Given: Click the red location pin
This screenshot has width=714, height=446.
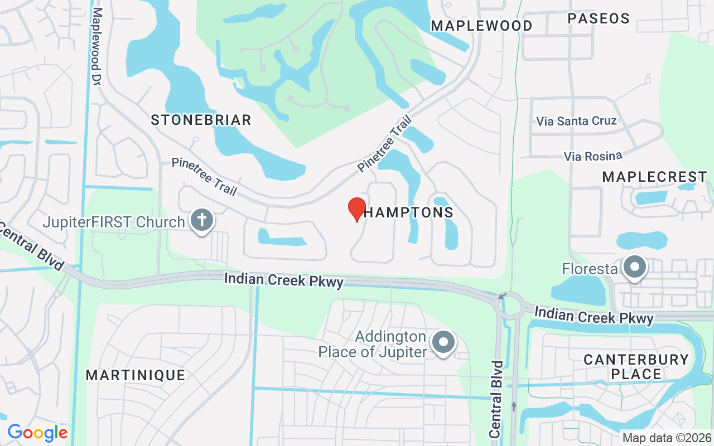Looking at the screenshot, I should coord(357,209).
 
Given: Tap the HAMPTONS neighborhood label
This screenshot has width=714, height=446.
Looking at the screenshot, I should coord(409,212).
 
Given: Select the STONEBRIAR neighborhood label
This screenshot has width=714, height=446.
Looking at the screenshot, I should coord(201,120).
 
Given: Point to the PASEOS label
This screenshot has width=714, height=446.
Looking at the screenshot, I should coord(599,18).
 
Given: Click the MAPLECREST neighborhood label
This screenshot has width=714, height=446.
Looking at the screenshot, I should coord(655,177).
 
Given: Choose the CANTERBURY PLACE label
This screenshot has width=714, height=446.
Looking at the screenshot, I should coord(636,366).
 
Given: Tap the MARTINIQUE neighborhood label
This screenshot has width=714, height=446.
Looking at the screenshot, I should coord(136,375).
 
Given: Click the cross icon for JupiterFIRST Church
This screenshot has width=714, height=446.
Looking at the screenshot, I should coord(200,221).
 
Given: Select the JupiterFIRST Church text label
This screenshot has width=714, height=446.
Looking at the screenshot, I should coord(114,222).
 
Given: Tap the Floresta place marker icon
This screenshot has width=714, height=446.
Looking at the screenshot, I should coord(635,268).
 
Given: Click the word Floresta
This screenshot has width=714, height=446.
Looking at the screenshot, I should coord(590,270).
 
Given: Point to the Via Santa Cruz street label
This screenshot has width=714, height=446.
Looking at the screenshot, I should coord(577,121).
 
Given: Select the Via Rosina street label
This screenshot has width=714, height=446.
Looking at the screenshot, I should coord(593,156).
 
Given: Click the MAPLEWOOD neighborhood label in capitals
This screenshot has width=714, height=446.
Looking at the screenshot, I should coord(482,26).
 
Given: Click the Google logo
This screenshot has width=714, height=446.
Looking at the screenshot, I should coord(37,433).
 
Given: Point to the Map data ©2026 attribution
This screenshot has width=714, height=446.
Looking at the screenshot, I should coord(667,438).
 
